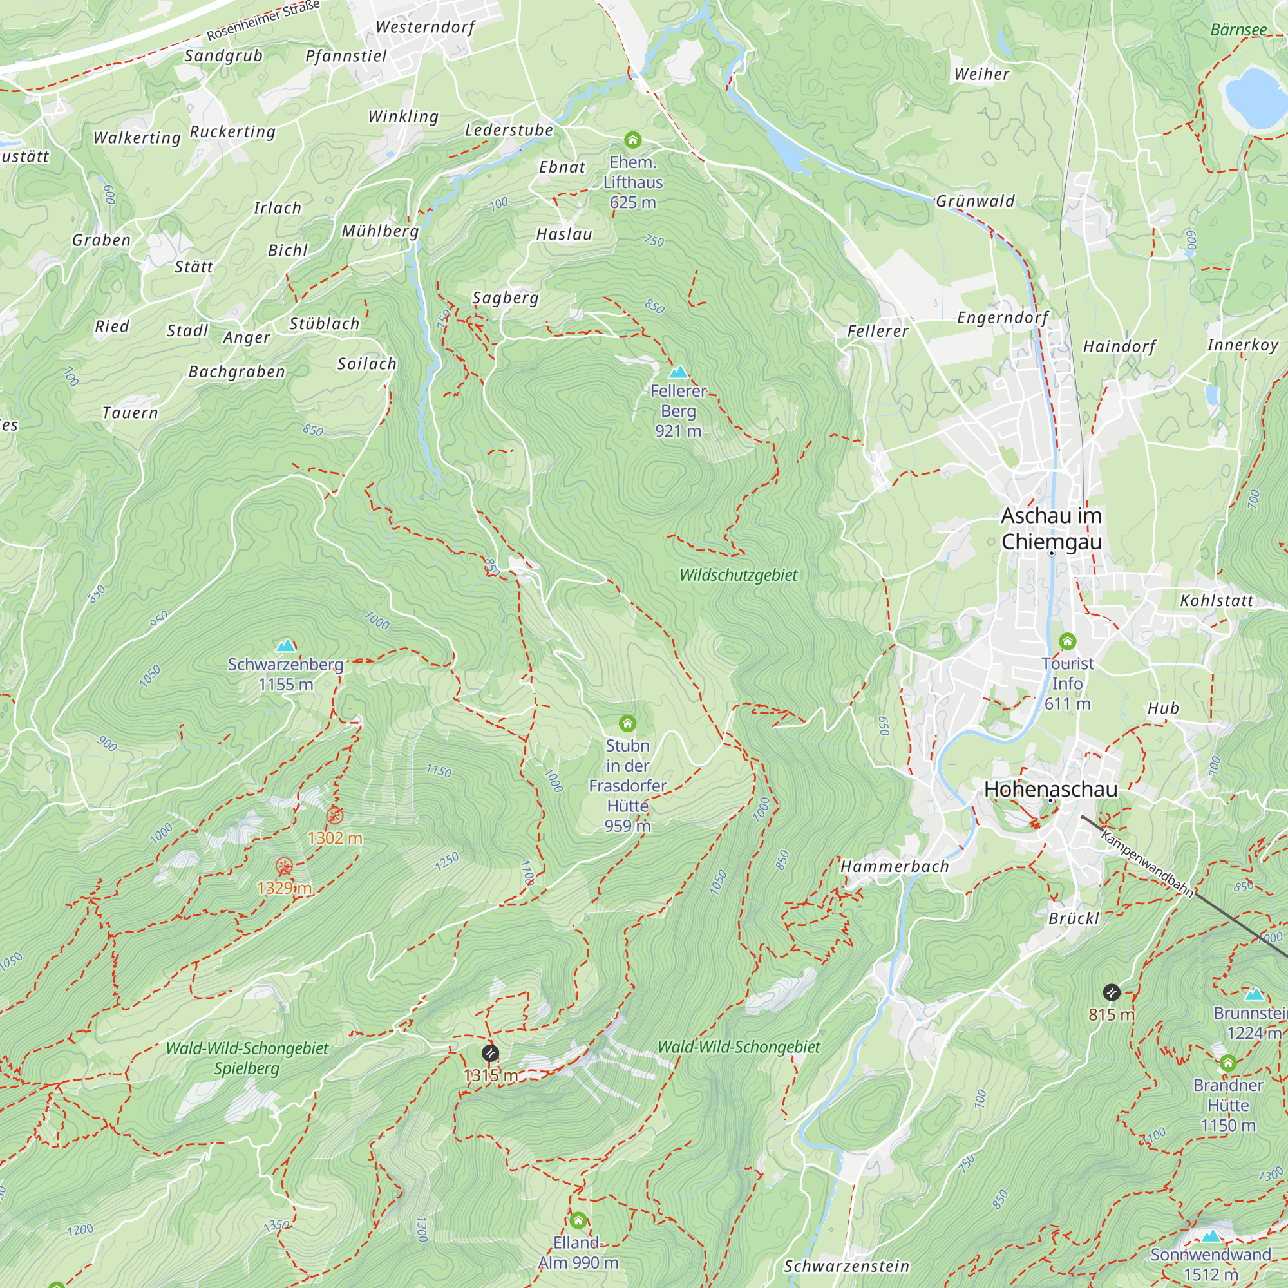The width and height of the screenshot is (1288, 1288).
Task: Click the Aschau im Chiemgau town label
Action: tap(1052, 529)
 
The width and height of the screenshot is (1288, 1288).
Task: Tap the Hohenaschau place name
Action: tap(1050, 790)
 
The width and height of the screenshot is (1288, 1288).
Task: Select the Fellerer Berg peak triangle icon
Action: tap(679, 372)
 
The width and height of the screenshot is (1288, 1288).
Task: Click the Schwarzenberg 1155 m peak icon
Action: tap(286, 645)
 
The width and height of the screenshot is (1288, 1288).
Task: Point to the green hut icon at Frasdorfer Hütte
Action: tap(627, 723)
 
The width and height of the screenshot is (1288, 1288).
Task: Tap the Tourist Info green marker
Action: tap(1067, 641)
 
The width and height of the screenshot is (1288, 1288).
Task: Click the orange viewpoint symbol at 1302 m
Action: tap(335, 816)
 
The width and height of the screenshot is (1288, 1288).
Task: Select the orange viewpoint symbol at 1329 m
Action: tap(285, 867)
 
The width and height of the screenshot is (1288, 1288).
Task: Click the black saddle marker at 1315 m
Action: tap(490, 1054)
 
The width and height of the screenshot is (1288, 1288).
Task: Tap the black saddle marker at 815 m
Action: tap(1112, 992)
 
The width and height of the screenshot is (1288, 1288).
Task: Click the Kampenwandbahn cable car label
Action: tap(1147, 864)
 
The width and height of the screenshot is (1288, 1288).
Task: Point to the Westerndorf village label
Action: tap(425, 27)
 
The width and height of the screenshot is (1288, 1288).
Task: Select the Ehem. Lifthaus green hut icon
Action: tap(632, 140)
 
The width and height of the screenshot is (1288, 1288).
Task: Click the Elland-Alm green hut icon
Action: tap(578, 1220)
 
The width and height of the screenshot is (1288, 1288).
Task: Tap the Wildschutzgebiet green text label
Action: tap(738, 574)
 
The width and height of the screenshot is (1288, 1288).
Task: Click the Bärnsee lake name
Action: tap(1238, 30)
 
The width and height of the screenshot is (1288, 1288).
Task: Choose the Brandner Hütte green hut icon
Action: tap(1228, 1063)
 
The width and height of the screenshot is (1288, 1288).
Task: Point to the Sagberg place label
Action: tap(506, 298)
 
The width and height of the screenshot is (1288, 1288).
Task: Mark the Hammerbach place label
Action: tap(894, 867)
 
